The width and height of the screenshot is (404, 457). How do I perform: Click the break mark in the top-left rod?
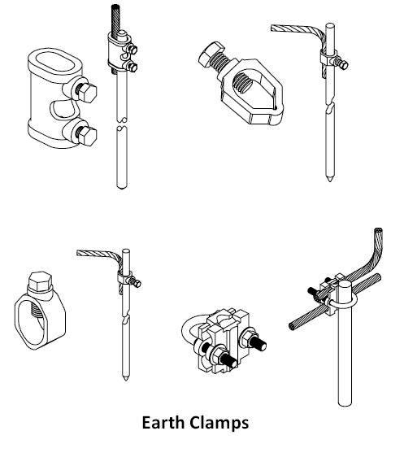(x=120, y=126)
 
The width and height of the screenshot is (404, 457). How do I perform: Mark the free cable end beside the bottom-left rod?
(x=80, y=254)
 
